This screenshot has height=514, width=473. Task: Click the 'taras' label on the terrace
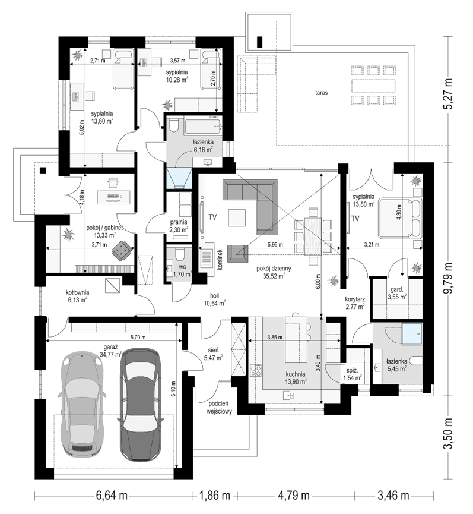click(x=321, y=93)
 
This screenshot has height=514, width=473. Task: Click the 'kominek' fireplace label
click(x=220, y=260)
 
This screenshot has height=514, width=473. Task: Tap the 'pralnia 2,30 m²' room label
click(x=179, y=226)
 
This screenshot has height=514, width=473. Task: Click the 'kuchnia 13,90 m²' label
click(x=296, y=378)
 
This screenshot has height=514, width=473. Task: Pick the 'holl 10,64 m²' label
click(x=214, y=300)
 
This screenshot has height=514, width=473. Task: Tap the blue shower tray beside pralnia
click(x=179, y=179)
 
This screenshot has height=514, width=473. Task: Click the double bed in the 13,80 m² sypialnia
click(x=401, y=217)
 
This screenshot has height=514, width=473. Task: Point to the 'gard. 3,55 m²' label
click(x=397, y=294)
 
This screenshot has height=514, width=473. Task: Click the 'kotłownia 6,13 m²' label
click(x=77, y=296)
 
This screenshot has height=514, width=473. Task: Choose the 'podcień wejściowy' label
click(x=219, y=407)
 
